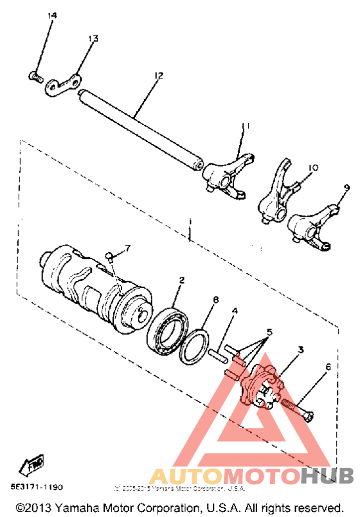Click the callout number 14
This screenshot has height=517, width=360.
click(x=52, y=15)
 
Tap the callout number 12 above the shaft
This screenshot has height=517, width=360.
click(x=158, y=76)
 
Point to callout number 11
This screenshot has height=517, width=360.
click(x=245, y=126)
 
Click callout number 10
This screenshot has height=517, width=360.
click(x=312, y=168)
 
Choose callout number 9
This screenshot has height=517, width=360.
click(x=346, y=188)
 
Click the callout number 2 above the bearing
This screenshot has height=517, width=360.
click(x=182, y=280)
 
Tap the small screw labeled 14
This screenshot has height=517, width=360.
click(x=35, y=78)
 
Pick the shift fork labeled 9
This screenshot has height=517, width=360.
click(x=311, y=226)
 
